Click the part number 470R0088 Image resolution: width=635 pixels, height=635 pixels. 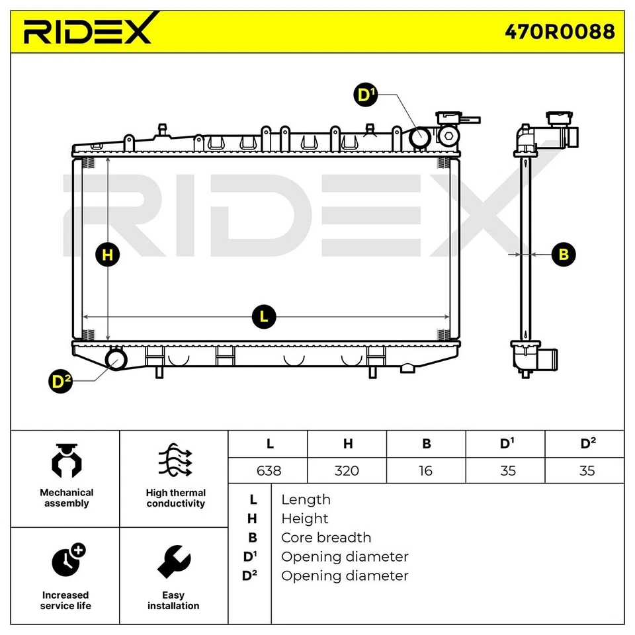click(x=560, y=31)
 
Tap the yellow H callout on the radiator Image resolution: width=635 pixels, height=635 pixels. click(x=108, y=255)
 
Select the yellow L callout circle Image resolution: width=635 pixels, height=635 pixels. click(x=264, y=317)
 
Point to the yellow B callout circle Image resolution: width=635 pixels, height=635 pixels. click(x=564, y=254)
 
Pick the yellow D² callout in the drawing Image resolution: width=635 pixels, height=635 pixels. click(x=62, y=382)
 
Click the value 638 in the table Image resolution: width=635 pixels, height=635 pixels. click(x=268, y=470)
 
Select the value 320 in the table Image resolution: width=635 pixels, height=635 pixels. click(x=347, y=470)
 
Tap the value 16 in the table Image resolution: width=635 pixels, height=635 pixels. click(x=425, y=470)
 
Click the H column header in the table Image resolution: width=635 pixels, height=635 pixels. click(x=347, y=444)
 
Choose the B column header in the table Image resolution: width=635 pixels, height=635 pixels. click(x=426, y=444)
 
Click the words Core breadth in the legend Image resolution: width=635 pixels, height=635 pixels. click(x=325, y=537)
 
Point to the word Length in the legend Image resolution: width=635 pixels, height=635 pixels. click(x=306, y=499)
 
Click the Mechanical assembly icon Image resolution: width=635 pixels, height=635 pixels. click(x=66, y=461)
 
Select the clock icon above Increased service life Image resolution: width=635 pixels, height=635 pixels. click(x=67, y=562)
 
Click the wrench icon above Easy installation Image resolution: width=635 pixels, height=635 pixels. click(x=173, y=562)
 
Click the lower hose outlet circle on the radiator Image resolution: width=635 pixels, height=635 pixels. click(x=117, y=359)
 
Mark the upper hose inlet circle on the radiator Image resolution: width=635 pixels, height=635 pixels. click(x=419, y=138)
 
